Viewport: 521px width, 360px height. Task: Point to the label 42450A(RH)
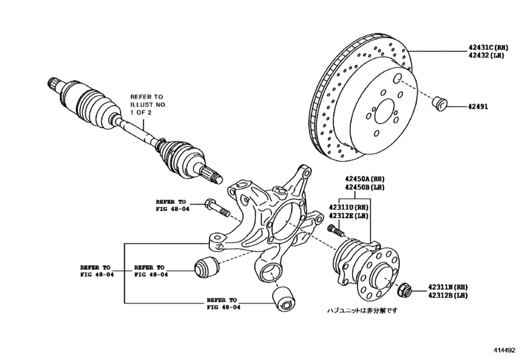pos(365,179)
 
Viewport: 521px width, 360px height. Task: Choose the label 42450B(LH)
pos(365,188)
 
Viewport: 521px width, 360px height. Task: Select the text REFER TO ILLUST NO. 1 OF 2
pos(150,104)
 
